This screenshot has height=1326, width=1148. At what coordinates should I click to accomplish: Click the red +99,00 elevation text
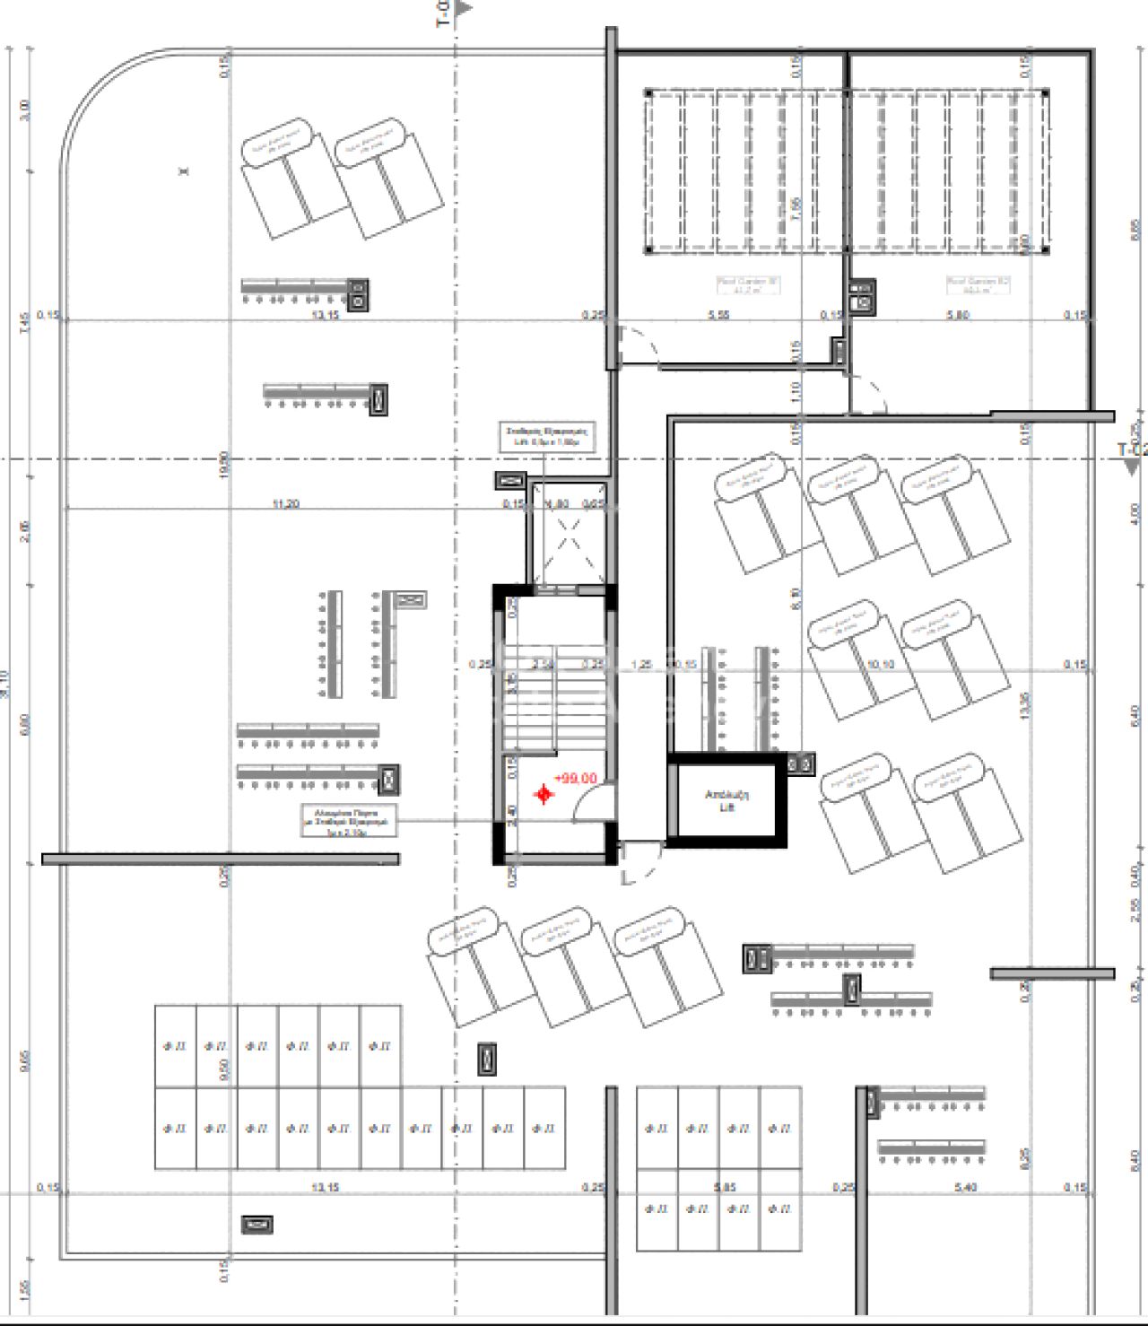[x=575, y=778]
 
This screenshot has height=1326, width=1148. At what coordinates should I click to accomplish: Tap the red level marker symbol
[x=544, y=794]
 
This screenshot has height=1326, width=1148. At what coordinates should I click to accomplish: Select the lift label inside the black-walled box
[x=726, y=800]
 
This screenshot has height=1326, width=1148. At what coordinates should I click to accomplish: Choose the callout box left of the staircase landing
[x=348, y=821]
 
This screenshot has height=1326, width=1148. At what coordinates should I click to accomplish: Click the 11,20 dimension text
[x=285, y=504]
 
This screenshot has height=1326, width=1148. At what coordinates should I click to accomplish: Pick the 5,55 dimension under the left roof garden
[x=718, y=315]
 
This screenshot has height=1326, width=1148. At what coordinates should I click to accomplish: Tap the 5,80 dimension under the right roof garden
[x=957, y=315]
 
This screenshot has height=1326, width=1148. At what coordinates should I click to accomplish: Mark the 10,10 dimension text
[x=881, y=665]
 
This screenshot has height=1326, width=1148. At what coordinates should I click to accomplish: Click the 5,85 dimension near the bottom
[x=725, y=1187]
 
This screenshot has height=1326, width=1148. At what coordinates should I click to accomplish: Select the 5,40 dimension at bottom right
[x=966, y=1187]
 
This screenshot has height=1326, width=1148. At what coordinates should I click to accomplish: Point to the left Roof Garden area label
[x=748, y=285]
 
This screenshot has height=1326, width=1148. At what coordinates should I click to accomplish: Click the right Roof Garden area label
[x=978, y=285]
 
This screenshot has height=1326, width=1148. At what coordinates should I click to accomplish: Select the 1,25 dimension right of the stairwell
[x=641, y=665]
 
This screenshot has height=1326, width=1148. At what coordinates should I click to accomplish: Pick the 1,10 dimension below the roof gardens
[x=796, y=391]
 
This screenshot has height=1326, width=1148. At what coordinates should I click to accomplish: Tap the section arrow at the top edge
[x=463, y=9]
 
